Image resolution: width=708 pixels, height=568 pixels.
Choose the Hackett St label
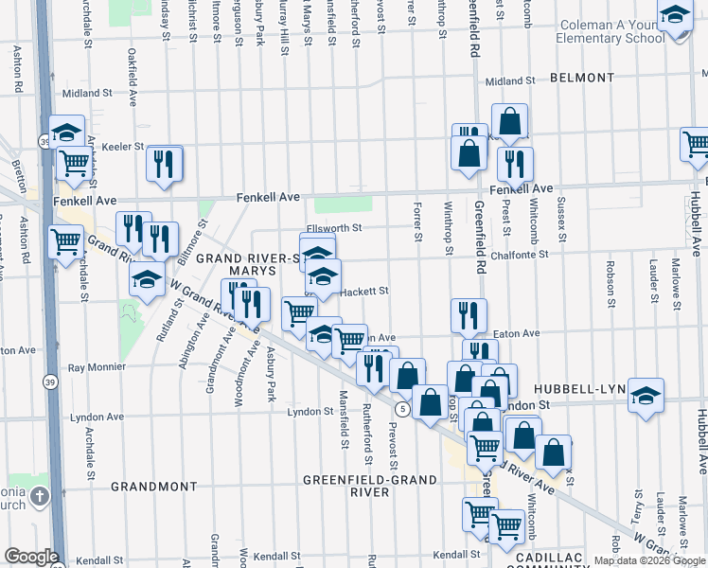point(364,292)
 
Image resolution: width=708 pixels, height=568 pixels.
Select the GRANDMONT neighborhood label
point(152,486)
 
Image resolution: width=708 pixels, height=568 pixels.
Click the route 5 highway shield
point(403,409)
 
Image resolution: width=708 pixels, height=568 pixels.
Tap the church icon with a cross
point(39,497)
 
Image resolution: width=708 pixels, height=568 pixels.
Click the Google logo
point(31,557)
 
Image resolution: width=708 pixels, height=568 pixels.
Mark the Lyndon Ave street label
point(99,417)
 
